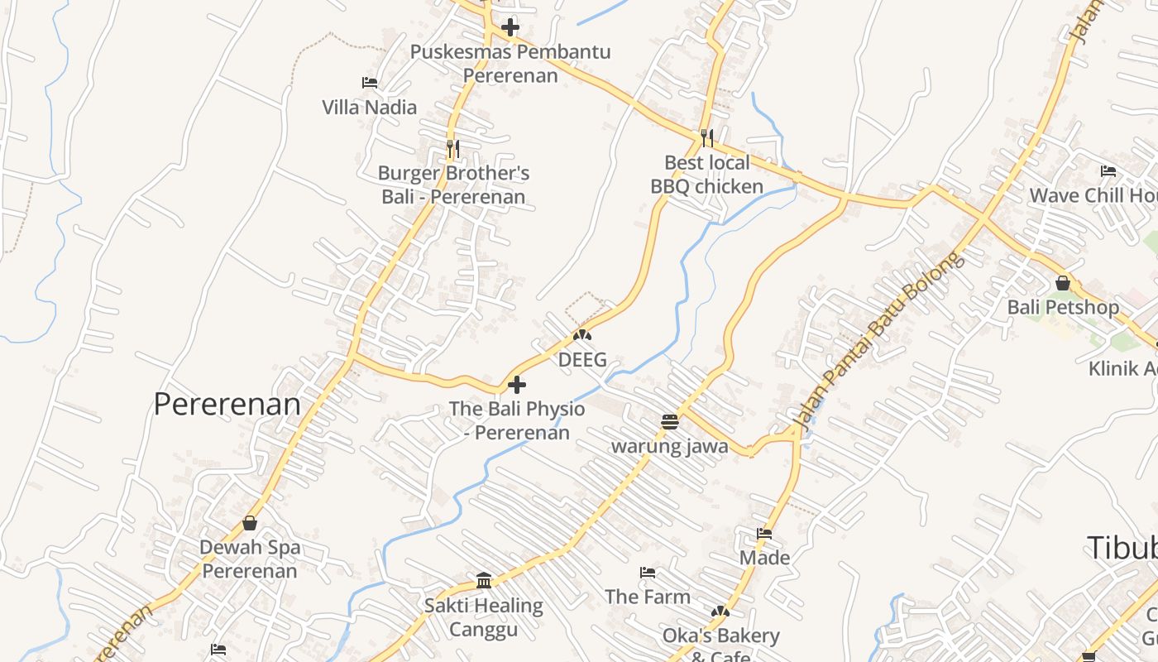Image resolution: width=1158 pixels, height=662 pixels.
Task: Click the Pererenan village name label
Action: coord(227,404)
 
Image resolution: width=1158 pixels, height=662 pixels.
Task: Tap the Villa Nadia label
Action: coord(369,107)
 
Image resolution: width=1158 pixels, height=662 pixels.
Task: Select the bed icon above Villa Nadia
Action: coord(370,83)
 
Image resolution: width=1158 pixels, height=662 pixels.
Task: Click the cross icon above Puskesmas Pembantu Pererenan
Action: coord(510,27)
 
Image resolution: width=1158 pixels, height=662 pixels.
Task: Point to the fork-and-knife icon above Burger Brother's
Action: coord(452,149)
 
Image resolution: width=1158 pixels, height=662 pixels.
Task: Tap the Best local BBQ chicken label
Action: coord(706,175)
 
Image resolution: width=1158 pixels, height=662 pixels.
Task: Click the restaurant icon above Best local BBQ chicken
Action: coord(706,137)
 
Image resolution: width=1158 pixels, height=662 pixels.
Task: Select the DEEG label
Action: coord(582,360)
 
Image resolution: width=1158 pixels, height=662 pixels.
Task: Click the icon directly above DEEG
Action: coord(582,335)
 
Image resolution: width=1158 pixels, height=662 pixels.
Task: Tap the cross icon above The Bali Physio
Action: coord(517,385)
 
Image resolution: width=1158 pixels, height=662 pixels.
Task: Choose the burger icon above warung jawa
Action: coord(670,422)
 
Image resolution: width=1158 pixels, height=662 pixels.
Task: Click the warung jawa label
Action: coord(669,447)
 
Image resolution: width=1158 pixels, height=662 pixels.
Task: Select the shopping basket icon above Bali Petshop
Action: coord(1063,283)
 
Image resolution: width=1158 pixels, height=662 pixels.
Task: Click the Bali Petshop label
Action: coord(1062,307)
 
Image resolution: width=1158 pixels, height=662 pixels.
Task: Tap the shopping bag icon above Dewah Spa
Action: coord(250,523)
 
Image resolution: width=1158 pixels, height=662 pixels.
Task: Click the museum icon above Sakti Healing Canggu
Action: coord(484,580)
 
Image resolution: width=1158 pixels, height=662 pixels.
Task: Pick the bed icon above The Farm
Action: coord(648,573)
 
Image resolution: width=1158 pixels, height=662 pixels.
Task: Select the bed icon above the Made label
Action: coord(764,534)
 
